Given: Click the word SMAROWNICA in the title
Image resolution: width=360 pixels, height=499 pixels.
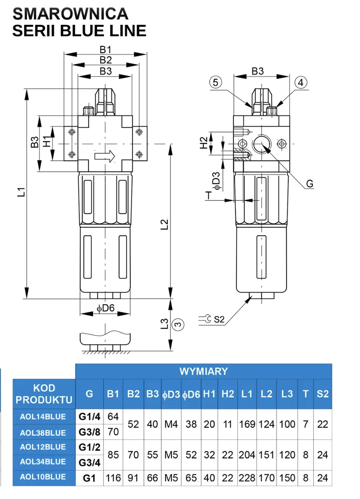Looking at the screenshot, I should click(70, 14).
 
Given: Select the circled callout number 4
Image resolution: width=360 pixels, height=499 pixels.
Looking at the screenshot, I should click(301, 82).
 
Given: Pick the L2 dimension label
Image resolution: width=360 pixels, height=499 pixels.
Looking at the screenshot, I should click(164, 224).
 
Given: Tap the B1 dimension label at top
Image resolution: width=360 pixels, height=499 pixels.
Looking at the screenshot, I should click(106, 50).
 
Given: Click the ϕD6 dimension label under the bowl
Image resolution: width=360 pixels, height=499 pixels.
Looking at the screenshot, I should click(106, 308).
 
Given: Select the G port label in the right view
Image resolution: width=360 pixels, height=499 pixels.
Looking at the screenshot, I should click(310, 184).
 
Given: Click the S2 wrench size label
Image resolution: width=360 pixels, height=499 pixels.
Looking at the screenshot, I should click(219, 319).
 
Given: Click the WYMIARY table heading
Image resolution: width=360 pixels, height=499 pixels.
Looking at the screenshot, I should click(203, 371).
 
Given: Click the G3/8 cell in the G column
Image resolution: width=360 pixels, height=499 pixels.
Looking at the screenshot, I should click(89, 431).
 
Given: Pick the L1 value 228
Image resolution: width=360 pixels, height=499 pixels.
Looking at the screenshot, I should click(247, 478).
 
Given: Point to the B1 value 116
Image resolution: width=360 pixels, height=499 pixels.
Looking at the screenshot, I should click(113, 478).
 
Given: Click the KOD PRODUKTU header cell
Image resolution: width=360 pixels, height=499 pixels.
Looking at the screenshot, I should click(44, 393).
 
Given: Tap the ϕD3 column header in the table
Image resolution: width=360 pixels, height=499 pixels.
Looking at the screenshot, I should click(171, 394).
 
